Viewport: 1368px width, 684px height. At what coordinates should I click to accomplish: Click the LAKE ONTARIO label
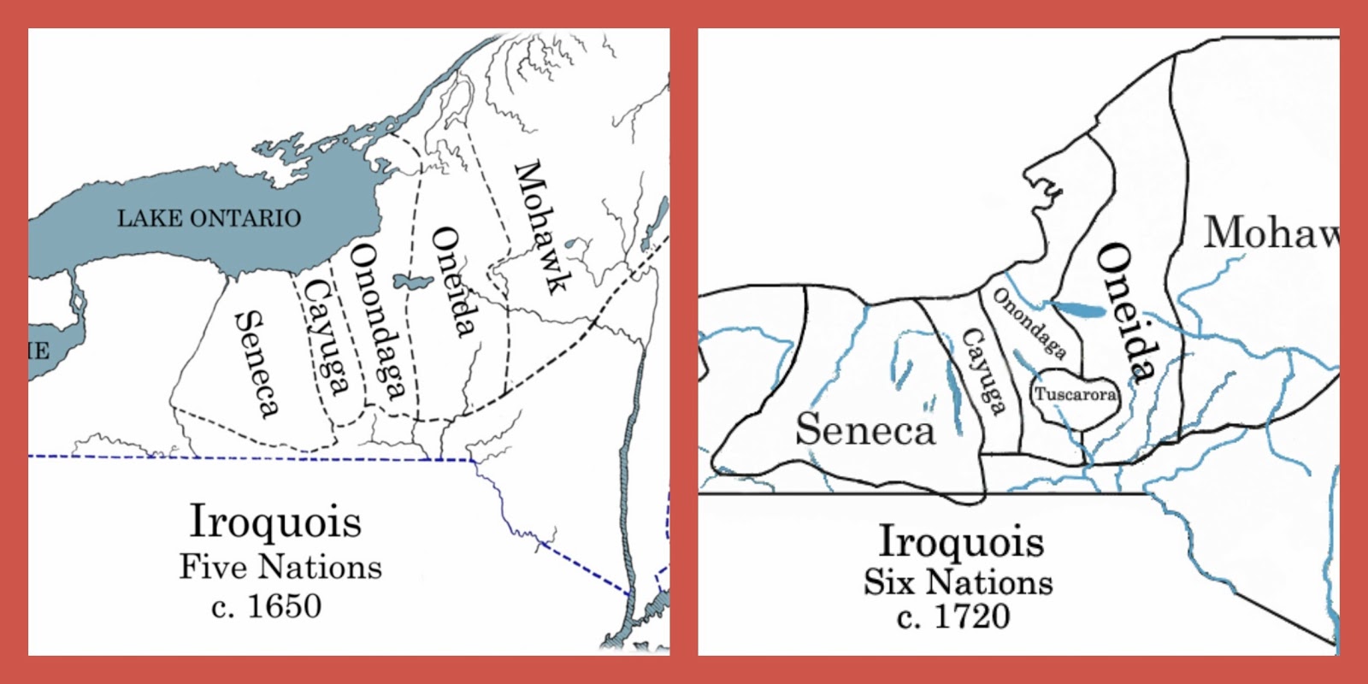point(209,218)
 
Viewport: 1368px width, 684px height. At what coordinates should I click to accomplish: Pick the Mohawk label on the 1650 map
point(540,227)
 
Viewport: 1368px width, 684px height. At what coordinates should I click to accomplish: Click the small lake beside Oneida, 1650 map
point(411,281)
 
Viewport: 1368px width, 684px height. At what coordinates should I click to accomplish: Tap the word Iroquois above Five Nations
point(275,521)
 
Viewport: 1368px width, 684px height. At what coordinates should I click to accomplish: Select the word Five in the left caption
point(213,567)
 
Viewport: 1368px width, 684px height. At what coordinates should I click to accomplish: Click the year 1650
point(284,606)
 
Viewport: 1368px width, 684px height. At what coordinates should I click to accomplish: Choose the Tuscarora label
point(1075,394)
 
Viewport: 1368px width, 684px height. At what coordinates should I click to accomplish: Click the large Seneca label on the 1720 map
point(865,428)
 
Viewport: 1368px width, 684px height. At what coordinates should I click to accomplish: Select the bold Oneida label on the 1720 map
point(1127,311)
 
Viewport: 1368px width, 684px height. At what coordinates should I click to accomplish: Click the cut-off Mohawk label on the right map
point(1271,233)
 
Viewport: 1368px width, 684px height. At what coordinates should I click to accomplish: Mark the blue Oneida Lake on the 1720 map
point(1079,311)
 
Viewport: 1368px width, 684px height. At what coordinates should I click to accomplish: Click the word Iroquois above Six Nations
point(961,541)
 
